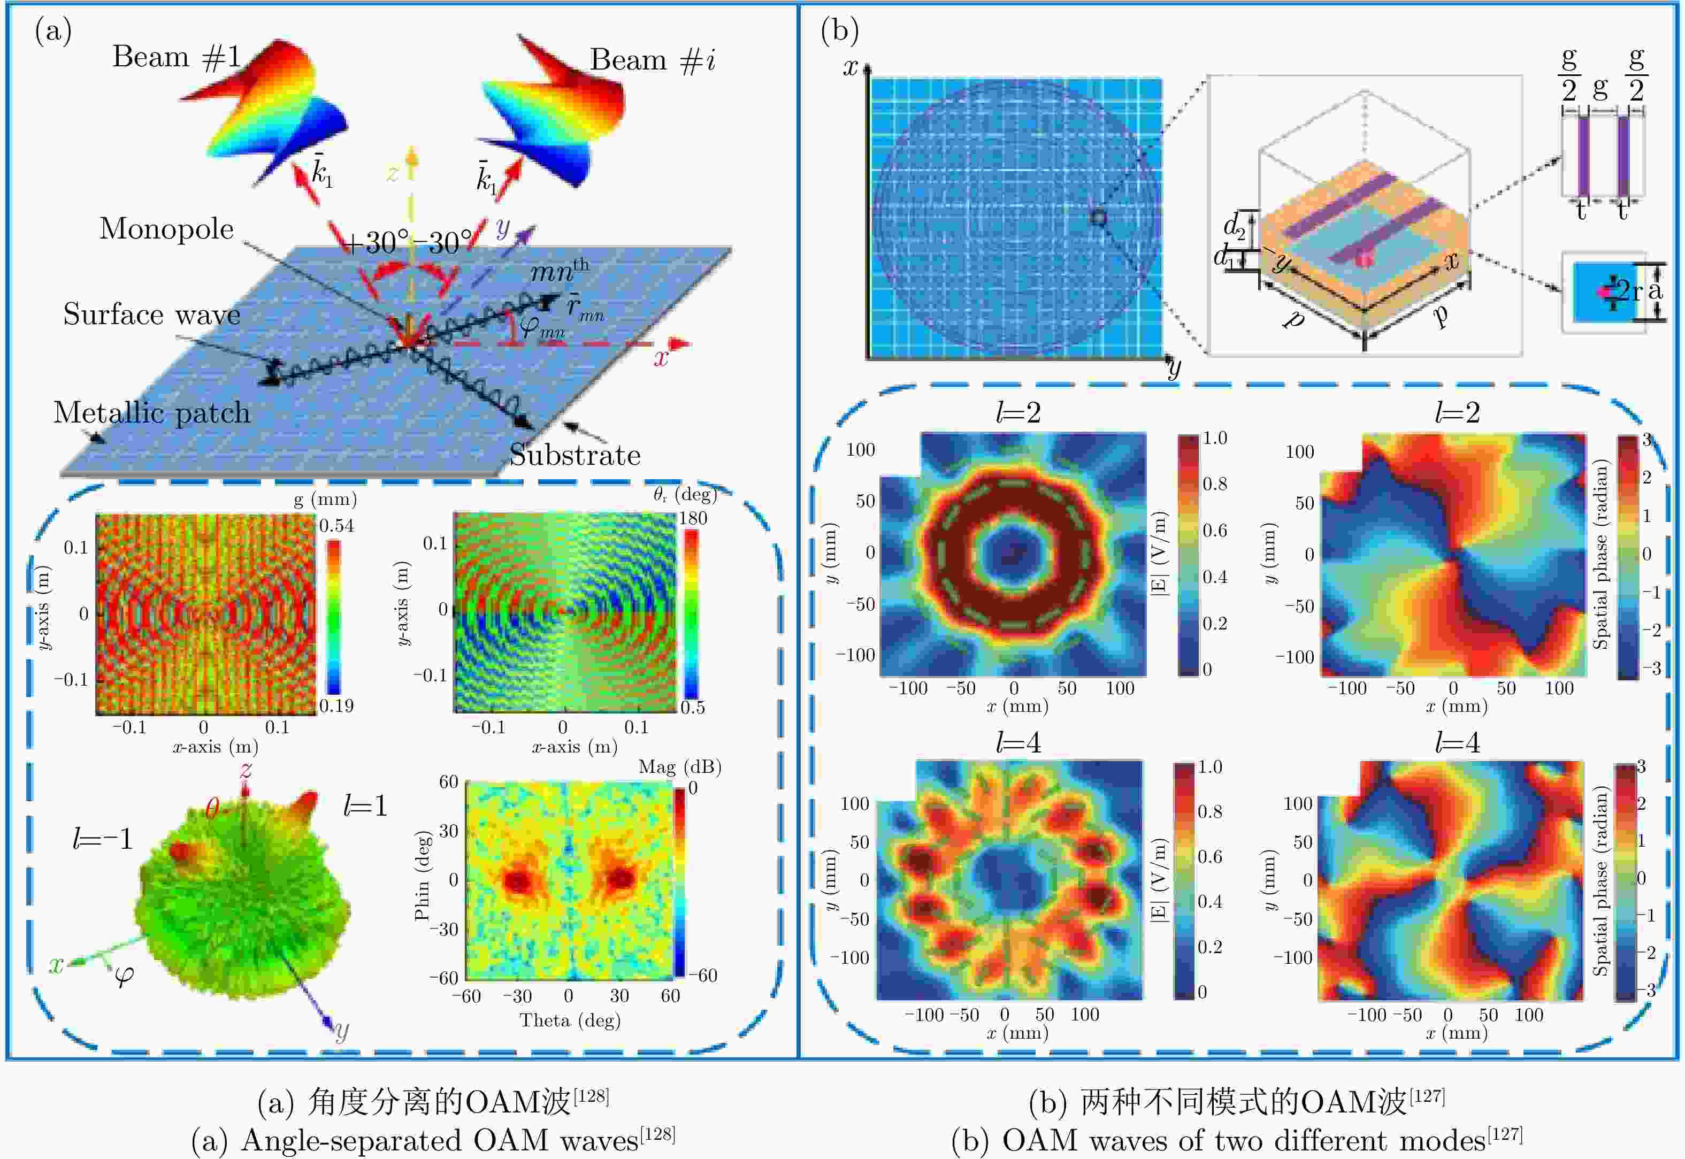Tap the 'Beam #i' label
tap(652, 59)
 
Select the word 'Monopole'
tap(166, 229)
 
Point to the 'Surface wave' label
tap(151, 314)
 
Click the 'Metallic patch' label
tap(151, 412)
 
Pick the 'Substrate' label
tap(575, 455)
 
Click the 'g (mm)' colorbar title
tap(325, 499)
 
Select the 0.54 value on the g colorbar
tap(337, 525)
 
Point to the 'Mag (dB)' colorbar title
tap(679, 767)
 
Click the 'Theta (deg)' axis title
tap(569, 1020)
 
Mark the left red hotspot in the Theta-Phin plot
tap(518, 881)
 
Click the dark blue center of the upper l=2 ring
tap(1013, 554)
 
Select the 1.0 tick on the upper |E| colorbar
tap(1214, 438)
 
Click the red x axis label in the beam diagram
tap(660, 357)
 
